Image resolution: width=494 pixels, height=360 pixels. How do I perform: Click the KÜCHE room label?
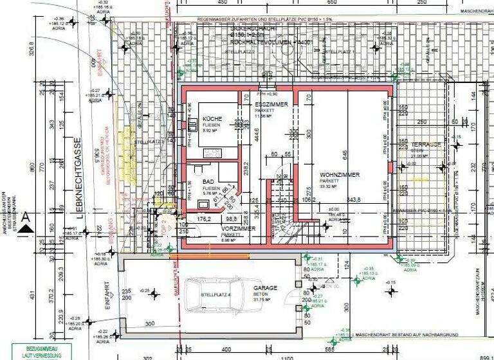click(213, 120)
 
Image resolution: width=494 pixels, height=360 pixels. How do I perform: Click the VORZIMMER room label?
click(237, 228)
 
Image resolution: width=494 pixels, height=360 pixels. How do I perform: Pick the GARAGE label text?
click(265, 289)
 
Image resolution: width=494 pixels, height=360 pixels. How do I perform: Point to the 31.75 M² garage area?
click(264, 300)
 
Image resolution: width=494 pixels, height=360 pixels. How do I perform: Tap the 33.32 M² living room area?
click(339, 186)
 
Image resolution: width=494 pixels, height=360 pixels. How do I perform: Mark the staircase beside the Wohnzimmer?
click(284, 219)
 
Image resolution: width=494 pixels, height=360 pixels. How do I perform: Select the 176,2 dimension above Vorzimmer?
click(205, 219)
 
